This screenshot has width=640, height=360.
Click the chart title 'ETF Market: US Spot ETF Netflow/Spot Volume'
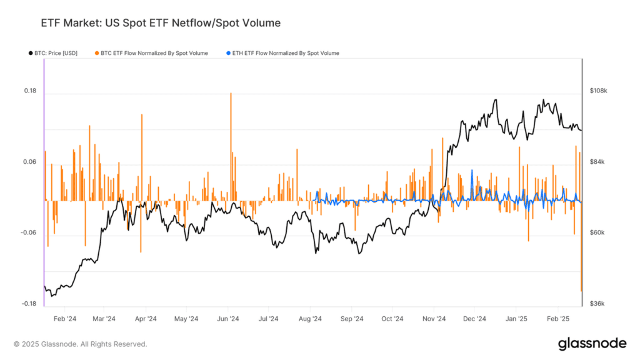tap(161, 23)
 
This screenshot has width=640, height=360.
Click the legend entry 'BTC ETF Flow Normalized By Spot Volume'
tap(154, 53)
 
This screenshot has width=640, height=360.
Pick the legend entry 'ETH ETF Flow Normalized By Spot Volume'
tap(284, 53)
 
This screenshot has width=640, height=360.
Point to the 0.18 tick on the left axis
tap(30, 91)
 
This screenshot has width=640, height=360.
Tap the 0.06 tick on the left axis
tap(30, 162)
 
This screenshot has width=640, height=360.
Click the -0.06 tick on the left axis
tap(29, 232)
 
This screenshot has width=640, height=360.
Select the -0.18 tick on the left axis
tap(29, 304)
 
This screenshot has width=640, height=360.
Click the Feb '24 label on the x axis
tap(64, 318)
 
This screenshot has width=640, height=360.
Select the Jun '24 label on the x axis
tap(228, 318)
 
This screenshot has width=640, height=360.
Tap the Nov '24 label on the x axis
tap(433, 318)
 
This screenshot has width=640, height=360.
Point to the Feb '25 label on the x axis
tap(557, 318)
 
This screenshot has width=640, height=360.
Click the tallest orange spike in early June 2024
tap(231, 94)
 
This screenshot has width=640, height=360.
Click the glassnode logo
tap(591, 343)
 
